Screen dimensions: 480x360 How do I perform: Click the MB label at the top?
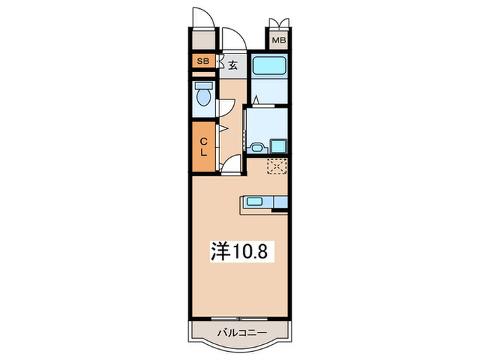point(279,40)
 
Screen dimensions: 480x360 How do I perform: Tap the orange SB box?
point(203,61)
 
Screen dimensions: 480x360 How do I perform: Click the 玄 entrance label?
point(233,65)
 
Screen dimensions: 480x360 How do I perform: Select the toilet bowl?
point(203,97)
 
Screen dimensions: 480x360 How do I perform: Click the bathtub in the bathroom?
point(269,65)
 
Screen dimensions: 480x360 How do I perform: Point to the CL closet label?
point(204,147)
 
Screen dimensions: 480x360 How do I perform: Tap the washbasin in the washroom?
point(257,148)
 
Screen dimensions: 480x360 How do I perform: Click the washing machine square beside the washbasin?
point(278,146)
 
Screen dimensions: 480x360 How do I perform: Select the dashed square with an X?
point(277,166)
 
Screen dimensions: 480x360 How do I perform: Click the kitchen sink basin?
point(254,202)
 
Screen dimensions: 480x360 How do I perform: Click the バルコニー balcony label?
point(242,333)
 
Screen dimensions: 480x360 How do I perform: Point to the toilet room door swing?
point(226,108)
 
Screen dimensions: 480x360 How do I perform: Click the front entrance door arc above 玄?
point(235,38)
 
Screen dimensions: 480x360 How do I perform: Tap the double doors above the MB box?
point(279,23)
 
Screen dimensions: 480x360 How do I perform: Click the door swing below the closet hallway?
point(231,165)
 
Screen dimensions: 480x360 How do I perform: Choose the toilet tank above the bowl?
point(203,86)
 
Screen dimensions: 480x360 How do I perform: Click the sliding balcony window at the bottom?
point(239,319)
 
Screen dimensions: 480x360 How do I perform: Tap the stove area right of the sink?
point(280,202)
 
